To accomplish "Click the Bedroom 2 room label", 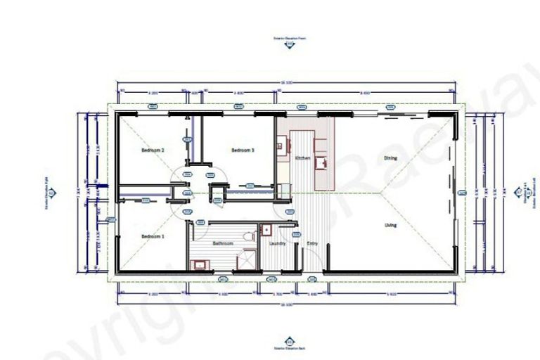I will coord(153,150).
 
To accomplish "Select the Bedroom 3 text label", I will coord(243,150).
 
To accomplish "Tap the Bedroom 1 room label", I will coord(153,236).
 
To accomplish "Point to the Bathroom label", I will coord(223,243).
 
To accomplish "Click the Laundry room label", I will coord(277,243).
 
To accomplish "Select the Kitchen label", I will coord(302,158).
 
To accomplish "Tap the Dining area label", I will coord(390,158).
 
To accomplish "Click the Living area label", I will coord(390,225).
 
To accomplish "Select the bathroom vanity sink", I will coord(198,264).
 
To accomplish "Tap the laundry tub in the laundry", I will coord(266,230).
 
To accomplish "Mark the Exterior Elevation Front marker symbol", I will coord(290,46).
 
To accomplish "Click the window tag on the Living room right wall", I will coord(461,191).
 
